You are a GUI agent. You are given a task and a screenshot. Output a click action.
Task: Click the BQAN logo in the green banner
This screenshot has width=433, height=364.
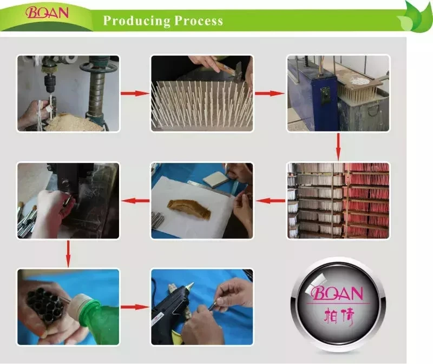[x=47, y=13]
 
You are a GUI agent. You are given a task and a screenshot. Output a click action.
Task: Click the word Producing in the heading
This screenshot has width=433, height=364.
[x=137, y=21]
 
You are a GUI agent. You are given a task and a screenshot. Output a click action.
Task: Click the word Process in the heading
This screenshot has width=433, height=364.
[x=199, y=21]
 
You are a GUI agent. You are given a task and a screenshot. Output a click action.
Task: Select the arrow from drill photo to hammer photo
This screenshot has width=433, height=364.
[x=135, y=94]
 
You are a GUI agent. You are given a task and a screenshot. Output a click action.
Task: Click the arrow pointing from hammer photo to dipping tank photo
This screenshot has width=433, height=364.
[x=270, y=94]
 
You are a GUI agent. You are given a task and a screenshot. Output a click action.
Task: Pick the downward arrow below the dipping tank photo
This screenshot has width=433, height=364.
[x=338, y=147]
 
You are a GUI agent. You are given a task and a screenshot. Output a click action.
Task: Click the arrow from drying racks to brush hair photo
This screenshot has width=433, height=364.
[x=270, y=201]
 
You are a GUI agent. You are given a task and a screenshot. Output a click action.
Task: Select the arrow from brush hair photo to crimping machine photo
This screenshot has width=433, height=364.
[x=135, y=201]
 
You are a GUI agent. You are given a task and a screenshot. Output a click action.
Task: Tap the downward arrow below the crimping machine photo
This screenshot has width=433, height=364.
[x=68, y=254]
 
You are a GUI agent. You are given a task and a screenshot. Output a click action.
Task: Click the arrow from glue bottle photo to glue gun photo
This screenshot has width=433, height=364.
[x=135, y=307]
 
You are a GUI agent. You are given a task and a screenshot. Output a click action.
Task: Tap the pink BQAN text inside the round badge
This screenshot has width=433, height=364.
[x=337, y=293]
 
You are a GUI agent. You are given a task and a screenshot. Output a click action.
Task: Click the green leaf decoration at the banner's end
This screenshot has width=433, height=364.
[x=415, y=18]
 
